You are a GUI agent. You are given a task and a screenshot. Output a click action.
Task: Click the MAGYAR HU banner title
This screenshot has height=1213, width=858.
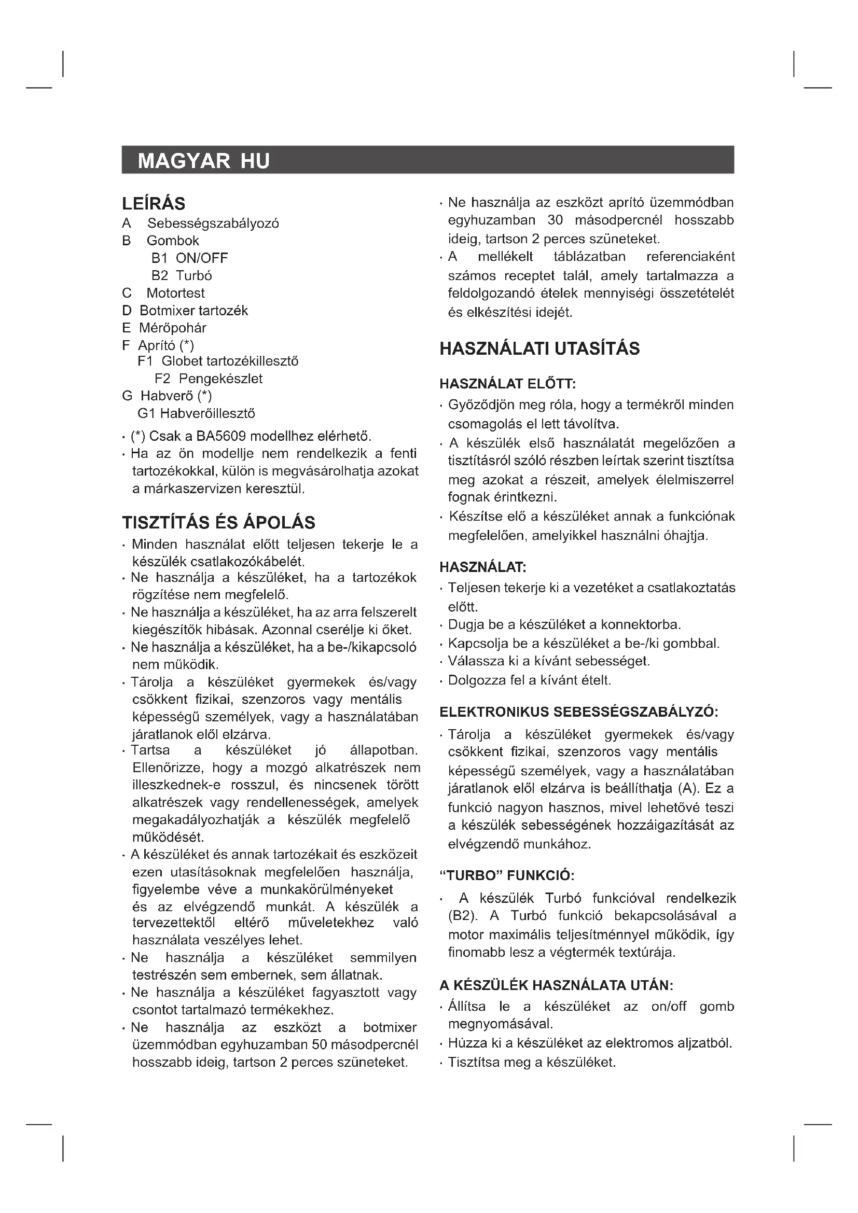pyautogui.click(x=203, y=161)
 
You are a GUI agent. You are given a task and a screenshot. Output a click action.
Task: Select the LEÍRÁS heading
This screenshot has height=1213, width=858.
pyautogui.click(x=154, y=203)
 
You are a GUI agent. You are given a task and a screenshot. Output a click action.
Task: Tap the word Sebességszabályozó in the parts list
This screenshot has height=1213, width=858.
pyautogui.click(x=213, y=224)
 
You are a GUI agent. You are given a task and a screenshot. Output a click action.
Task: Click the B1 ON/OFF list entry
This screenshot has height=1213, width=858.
pyautogui.click(x=190, y=258)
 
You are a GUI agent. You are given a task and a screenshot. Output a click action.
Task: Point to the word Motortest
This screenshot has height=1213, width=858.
pyautogui.click(x=175, y=293)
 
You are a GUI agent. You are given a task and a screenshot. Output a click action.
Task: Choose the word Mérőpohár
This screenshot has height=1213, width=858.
pyautogui.click(x=172, y=328)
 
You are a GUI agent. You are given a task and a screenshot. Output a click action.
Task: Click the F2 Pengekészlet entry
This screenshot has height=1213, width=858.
pyautogui.click(x=208, y=379)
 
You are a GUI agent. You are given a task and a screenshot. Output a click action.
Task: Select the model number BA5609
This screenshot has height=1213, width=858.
pyautogui.click(x=221, y=436)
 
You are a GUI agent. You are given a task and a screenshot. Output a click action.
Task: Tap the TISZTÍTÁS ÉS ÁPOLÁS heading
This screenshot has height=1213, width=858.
pyautogui.click(x=219, y=523)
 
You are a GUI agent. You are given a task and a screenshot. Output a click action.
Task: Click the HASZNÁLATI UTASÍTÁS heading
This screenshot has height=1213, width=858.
pyautogui.click(x=539, y=348)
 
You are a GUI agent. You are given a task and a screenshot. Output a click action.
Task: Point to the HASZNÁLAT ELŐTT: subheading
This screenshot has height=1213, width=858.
pyautogui.click(x=508, y=384)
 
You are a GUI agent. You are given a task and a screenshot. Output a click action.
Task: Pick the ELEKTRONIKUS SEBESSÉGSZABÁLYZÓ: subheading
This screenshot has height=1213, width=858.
pyautogui.click(x=578, y=712)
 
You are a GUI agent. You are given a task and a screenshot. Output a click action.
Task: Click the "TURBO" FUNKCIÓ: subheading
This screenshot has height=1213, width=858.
pyautogui.click(x=507, y=876)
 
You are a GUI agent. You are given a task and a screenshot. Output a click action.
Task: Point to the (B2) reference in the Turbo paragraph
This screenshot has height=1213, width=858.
pyautogui.click(x=462, y=915)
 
